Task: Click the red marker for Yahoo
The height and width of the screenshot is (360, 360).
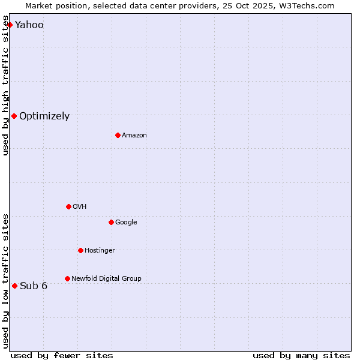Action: [10, 25]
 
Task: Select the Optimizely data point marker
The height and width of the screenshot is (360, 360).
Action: [14, 116]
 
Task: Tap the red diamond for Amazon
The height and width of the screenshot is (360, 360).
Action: [118, 135]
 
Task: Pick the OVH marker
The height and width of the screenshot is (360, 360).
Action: [68, 206]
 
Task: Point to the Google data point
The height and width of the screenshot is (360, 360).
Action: [111, 222]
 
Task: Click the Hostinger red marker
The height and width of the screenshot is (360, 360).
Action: [80, 250]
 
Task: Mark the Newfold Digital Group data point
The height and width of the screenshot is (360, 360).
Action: [67, 278]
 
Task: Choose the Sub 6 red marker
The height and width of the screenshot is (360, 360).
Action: [15, 286]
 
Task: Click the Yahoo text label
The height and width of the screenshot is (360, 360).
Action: [29, 25]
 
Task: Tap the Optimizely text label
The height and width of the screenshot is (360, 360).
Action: [44, 116]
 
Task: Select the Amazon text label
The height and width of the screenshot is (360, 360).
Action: [134, 135]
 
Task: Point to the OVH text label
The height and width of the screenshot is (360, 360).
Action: [80, 206]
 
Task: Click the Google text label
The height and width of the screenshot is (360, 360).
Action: [126, 222]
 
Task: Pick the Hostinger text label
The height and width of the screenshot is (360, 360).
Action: [100, 250]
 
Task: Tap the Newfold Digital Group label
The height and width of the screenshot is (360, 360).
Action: [106, 278]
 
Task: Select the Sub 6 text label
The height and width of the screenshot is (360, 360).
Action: [34, 286]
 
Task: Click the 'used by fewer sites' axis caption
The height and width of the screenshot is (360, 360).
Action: [62, 355]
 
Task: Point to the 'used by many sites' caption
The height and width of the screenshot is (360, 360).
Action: [301, 355]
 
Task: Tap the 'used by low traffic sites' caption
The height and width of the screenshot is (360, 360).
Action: [6, 280]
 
